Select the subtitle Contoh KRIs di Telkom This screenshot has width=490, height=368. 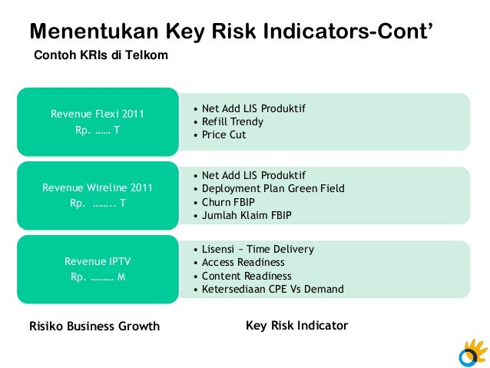point(100,56)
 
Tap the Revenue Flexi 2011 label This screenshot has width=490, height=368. point(98,114)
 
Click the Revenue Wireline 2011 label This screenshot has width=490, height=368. point(98,188)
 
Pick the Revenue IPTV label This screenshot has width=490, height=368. point(98,262)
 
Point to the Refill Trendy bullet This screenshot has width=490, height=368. point(232,121)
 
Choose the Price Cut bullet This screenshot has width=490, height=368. point(223,134)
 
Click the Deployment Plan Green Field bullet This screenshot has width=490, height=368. point(273,188)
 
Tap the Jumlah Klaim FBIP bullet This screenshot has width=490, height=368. point(247,214)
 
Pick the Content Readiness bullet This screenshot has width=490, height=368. point(247,276)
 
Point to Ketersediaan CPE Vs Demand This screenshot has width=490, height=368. point(273,289)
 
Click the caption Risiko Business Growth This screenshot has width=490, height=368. point(94,326)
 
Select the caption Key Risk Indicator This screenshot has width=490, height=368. point(296,325)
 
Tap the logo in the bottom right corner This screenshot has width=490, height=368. point(471,353)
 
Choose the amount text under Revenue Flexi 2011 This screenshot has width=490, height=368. point(98,130)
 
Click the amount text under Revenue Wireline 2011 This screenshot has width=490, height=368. point(98,204)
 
